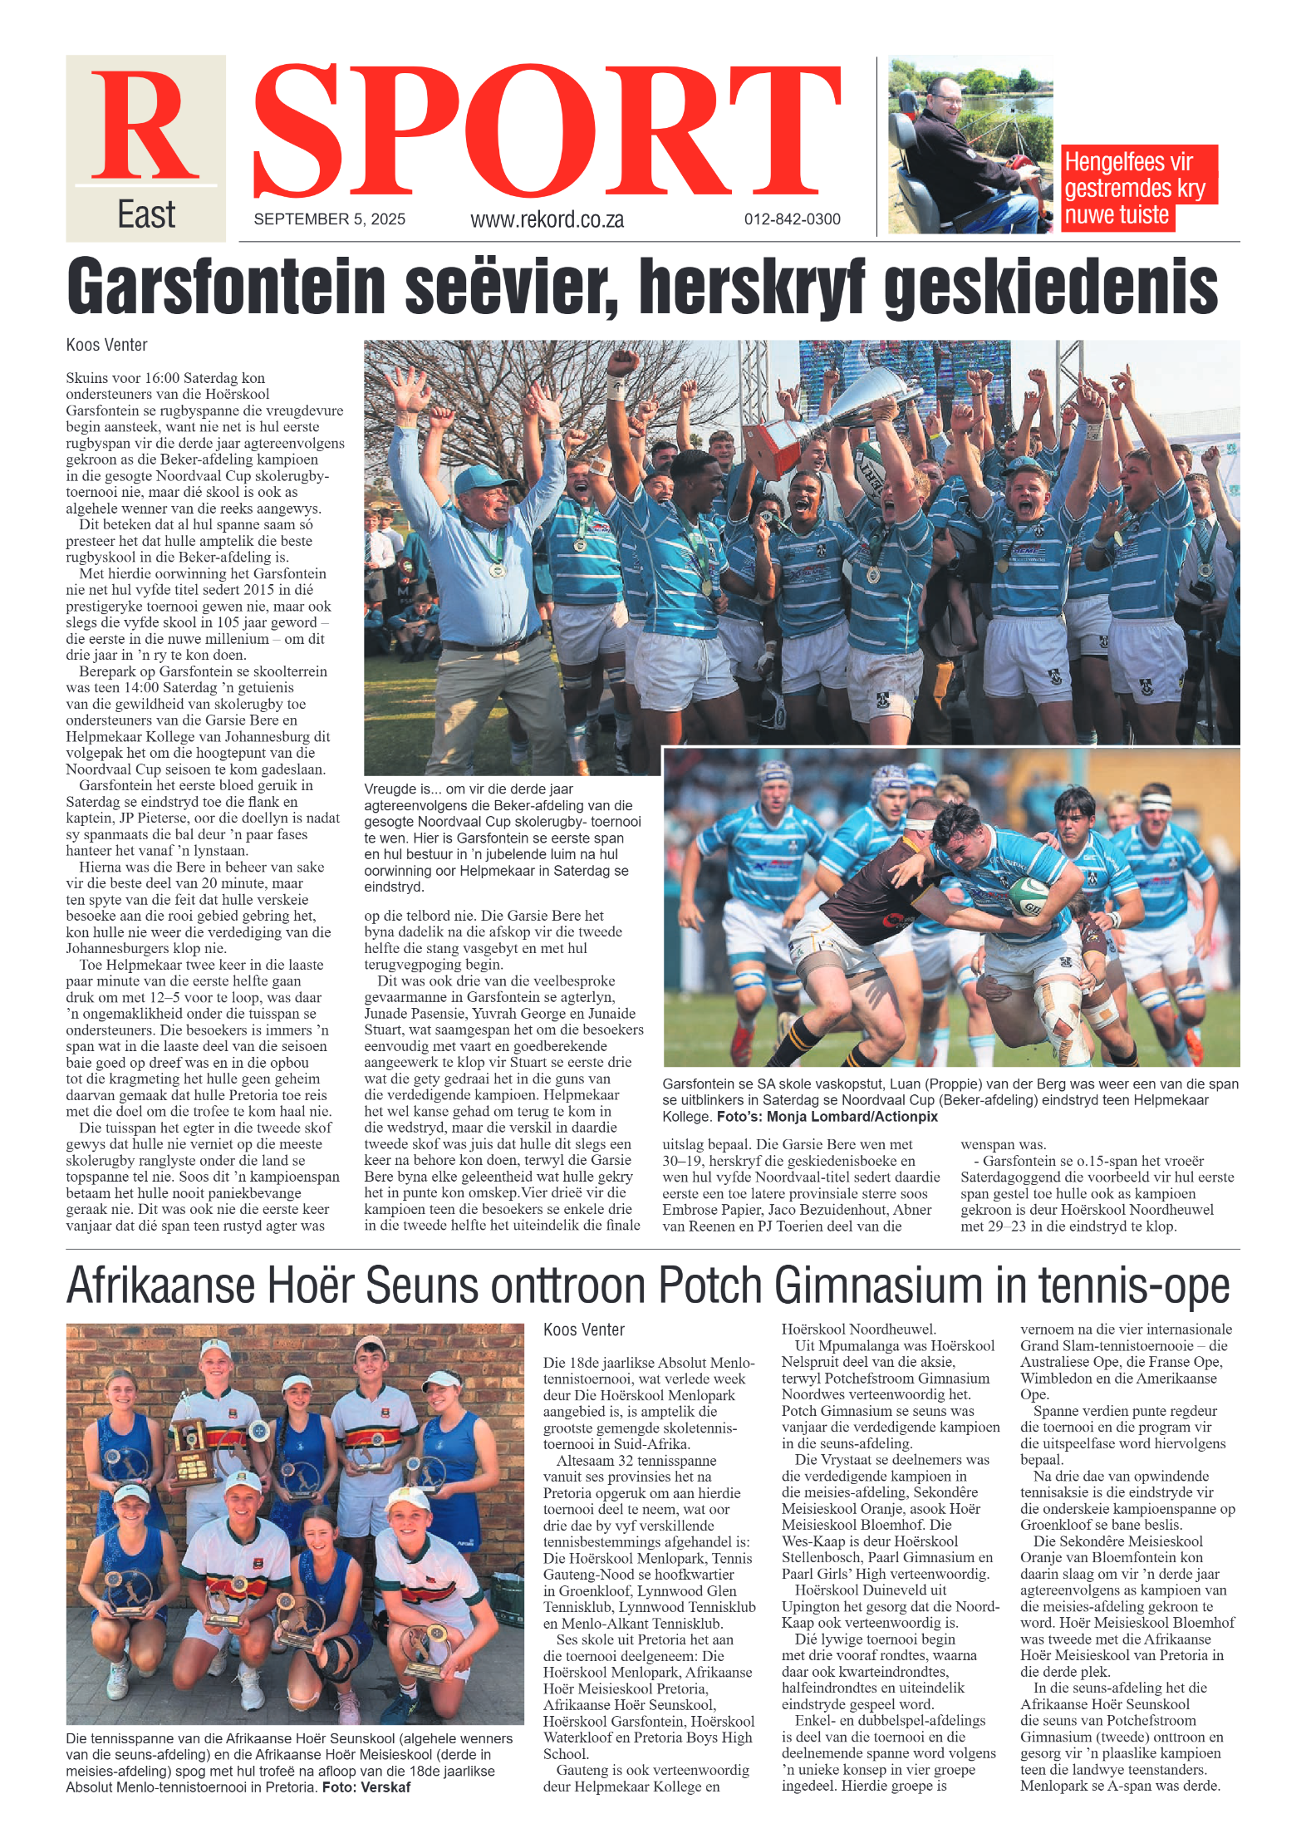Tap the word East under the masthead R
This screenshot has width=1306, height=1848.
(x=146, y=215)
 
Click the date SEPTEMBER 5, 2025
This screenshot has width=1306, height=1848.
(x=329, y=219)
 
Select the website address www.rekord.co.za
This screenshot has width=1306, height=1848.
(x=547, y=219)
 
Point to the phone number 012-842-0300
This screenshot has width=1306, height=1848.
(x=792, y=219)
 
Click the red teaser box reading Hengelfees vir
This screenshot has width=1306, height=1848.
(x=1128, y=161)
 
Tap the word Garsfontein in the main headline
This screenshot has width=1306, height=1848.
(x=226, y=286)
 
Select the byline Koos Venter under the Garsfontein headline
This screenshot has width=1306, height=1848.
(x=106, y=345)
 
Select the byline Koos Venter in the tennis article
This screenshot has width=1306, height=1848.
(x=583, y=1329)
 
